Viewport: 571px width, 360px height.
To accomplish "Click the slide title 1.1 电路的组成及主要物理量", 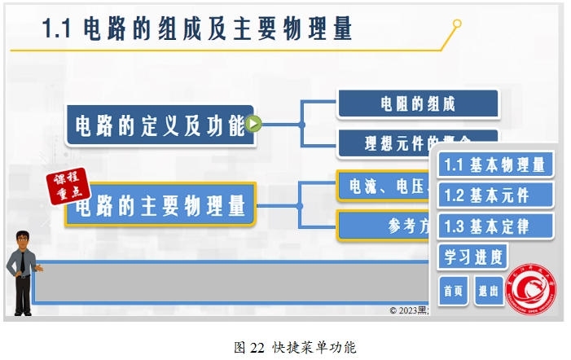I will tap(197, 29).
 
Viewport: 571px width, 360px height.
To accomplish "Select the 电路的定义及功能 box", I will tap(160, 125).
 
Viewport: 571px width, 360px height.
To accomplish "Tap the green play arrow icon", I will tap(253, 125).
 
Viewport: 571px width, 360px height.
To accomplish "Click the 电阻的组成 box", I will tap(417, 104).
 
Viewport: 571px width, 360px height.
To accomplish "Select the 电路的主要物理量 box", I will tap(160, 205).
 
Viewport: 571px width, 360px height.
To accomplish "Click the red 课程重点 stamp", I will tap(64, 189).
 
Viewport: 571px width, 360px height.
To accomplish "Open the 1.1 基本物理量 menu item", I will tap(495, 165).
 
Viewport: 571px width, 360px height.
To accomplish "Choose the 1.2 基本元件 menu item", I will tap(495, 195).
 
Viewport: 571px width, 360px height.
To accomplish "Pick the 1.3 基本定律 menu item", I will tap(495, 226).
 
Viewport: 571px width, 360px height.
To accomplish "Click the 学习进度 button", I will tap(472, 257).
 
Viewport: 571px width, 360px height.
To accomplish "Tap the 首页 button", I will tap(453, 290).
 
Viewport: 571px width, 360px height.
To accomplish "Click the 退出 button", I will tap(489, 290).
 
